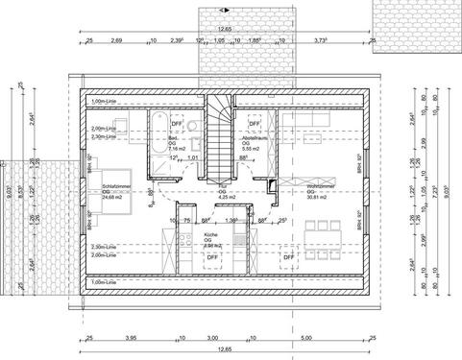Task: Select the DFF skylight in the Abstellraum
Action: tap(255, 123)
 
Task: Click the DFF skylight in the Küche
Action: tap(212, 257)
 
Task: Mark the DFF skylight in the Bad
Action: tap(177, 123)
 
